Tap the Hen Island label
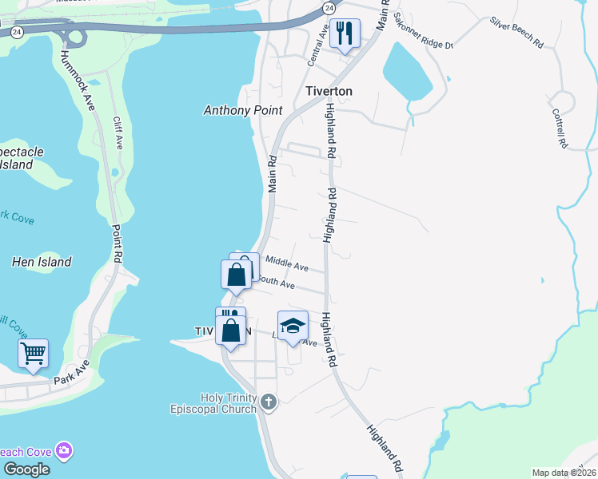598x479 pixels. [42, 262]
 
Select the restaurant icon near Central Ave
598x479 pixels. [345, 33]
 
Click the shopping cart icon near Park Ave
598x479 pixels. [33, 352]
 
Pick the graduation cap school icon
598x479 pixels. [293, 325]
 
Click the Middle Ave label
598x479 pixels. [287, 263]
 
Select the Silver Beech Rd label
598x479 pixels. [516, 33]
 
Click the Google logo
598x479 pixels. [26, 469]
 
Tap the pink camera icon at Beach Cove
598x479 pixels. [63, 451]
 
